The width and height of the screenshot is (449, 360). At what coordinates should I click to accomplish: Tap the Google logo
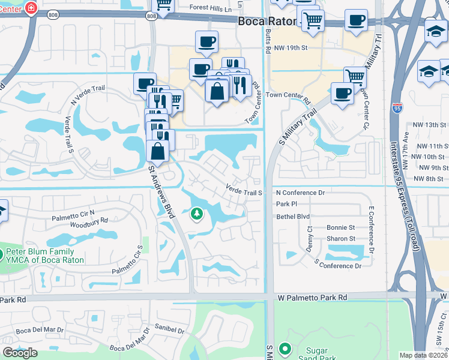tap(20, 352)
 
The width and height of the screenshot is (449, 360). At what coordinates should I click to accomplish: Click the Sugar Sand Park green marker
tap(285, 348)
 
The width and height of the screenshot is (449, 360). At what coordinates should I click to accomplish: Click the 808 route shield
tap(151, 16)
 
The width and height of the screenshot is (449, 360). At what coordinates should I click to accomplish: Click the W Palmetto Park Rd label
tap(312, 298)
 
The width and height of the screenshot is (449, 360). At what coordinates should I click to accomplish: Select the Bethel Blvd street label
tap(293, 216)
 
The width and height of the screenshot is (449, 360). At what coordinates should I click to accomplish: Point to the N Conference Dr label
tap(300, 193)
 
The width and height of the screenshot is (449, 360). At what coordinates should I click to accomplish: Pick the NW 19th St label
tap(291, 47)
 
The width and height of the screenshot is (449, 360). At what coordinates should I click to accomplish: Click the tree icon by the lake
tap(196, 213)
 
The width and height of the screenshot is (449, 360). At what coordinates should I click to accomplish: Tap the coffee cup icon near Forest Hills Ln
tap(206, 42)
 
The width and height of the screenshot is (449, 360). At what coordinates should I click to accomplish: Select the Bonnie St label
tap(340, 228)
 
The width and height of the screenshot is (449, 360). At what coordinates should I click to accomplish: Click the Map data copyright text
tap(424, 355)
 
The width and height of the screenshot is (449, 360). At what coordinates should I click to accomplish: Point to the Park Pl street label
tap(283, 204)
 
